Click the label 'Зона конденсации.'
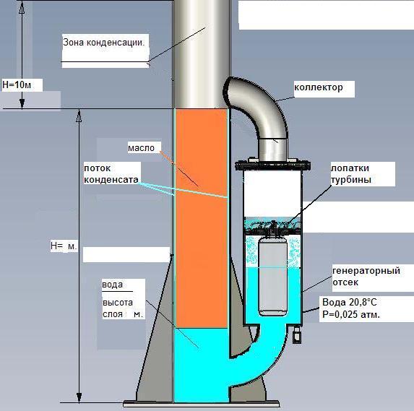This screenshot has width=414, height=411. tap(104, 43)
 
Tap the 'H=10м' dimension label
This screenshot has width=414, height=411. tap(17, 85)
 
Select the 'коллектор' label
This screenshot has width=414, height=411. tap(319, 87)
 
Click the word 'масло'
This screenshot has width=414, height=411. tap(141, 148)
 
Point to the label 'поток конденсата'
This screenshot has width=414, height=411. tap(111, 173)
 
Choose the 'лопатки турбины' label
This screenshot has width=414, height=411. tap(351, 173)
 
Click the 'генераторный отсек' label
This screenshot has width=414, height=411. tap(366, 277)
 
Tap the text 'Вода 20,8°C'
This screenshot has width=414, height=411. tap(350, 302)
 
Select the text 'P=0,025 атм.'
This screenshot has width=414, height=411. tap(351, 314)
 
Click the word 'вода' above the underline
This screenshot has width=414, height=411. tap(112, 285)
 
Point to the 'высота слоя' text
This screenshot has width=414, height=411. tap(118, 308)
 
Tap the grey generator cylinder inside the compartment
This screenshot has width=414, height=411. tap(272, 277)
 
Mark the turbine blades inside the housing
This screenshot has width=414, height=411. tap(273, 226)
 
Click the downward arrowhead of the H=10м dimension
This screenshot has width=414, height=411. tap(22, 104)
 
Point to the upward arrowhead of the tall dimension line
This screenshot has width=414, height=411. tap(79, 116)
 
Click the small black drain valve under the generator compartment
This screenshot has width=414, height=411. tap(297, 336)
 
